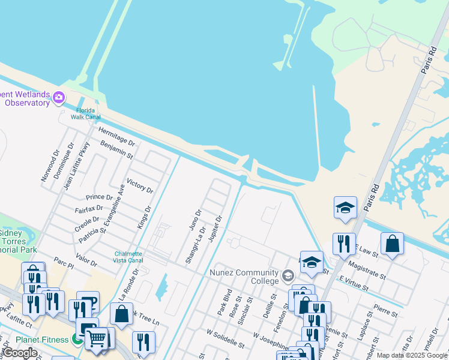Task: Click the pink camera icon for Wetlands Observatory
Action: [59, 97]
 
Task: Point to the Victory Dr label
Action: [140, 187]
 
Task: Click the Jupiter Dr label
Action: [215, 229]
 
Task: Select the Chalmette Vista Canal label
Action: [128, 257]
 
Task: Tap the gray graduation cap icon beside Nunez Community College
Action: [288, 276]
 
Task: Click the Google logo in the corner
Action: [20, 353]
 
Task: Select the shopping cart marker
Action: [97, 339]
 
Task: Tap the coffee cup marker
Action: [88, 302]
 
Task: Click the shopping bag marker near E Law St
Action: [392, 243]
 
